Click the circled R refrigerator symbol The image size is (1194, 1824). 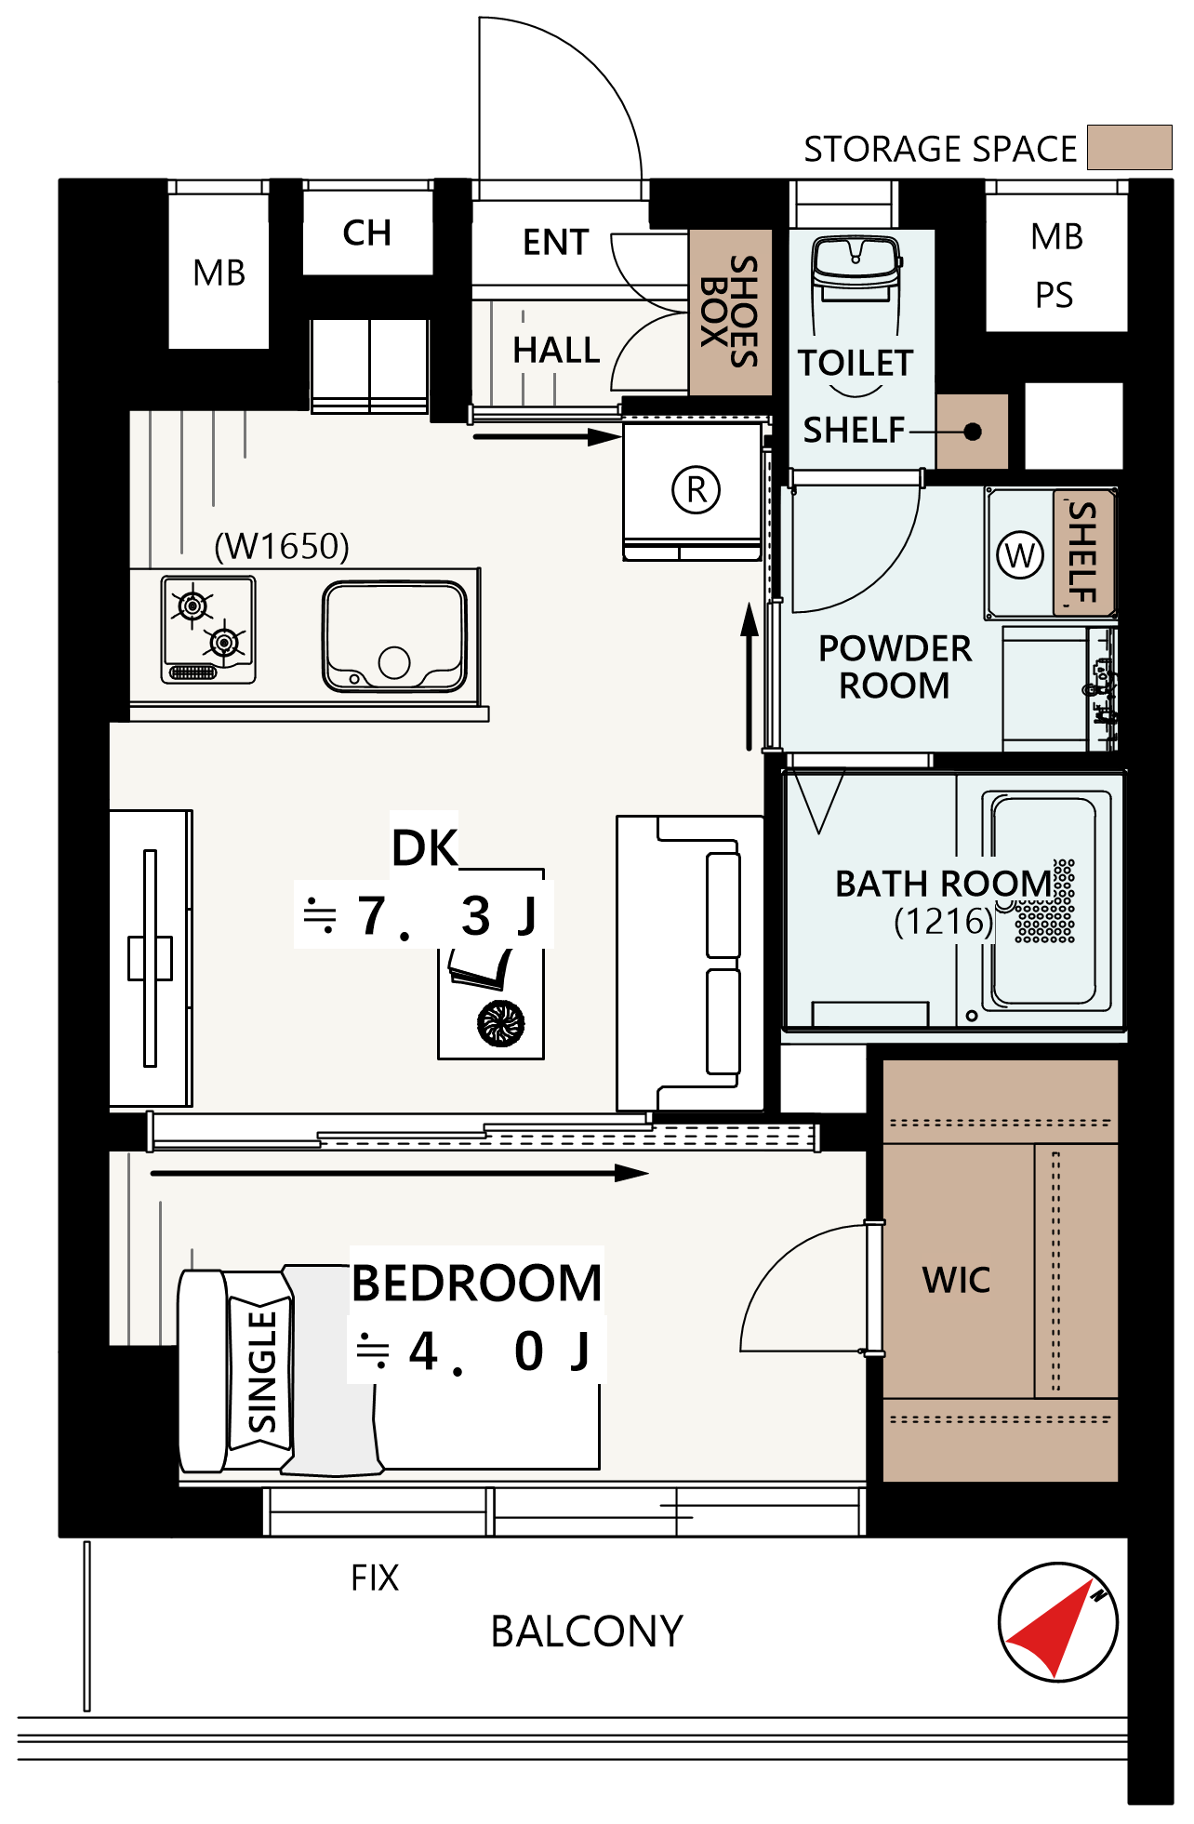[x=696, y=489]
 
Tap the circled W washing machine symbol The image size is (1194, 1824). [x=1020, y=555]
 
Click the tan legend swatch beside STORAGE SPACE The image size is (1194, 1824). [x=1129, y=147]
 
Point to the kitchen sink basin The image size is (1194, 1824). [x=394, y=636]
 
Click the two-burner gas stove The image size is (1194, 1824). [x=208, y=630]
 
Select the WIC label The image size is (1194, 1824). [x=956, y=1281]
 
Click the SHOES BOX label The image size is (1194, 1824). [x=730, y=312]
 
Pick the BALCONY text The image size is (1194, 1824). [x=587, y=1631]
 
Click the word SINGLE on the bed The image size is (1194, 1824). [x=262, y=1371]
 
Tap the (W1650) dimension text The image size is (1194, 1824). [x=282, y=546]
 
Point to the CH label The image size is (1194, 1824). [x=366, y=233]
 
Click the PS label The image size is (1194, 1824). [x=1055, y=295]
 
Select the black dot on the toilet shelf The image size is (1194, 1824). [x=973, y=432]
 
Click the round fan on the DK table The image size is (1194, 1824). [x=501, y=1023]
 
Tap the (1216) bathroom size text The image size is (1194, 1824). [x=944, y=922]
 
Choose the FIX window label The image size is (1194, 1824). [x=375, y=1578]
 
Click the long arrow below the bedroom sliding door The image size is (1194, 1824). [x=400, y=1173]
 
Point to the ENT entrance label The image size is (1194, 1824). [x=556, y=242]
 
